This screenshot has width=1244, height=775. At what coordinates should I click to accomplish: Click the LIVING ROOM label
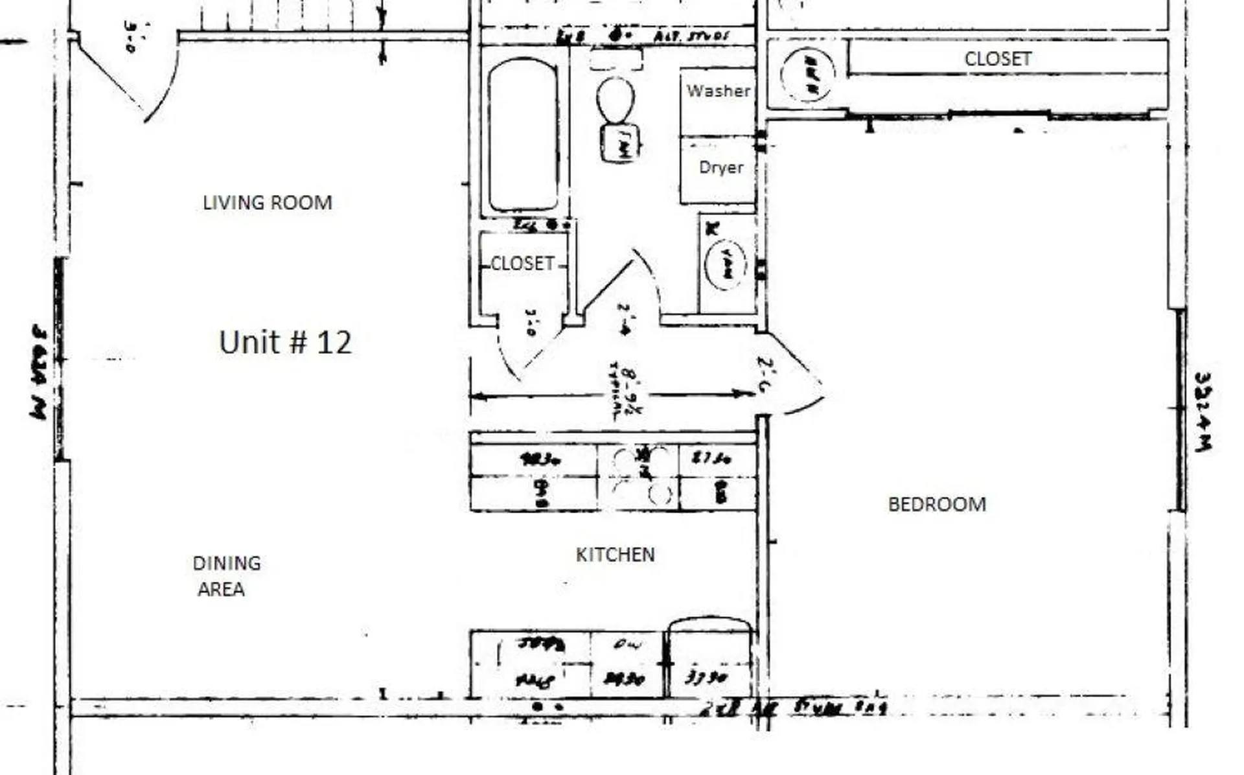[x=267, y=203]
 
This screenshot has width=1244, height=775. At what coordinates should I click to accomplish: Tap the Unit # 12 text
[x=285, y=342]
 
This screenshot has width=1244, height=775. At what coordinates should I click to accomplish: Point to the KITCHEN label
[x=615, y=555]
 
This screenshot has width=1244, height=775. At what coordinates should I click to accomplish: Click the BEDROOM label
[x=936, y=504]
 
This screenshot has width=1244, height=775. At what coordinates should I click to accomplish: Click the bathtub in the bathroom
[x=523, y=134]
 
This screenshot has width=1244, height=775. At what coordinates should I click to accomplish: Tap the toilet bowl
[x=615, y=100]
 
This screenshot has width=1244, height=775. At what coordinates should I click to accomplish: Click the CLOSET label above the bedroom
[x=997, y=59]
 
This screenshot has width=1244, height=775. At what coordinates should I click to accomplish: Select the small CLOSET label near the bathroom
[x=522, y=264]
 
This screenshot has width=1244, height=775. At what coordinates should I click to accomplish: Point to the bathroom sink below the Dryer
[x=726, y=264]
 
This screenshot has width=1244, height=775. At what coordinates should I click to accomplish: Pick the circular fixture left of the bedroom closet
[x=807, y=75]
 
